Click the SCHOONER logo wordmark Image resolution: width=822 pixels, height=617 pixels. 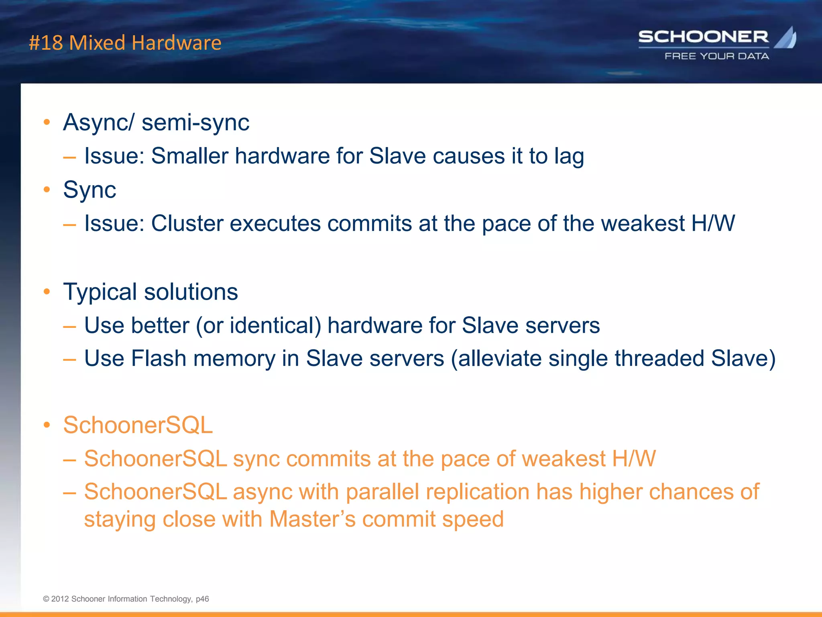click(x=703, y=37)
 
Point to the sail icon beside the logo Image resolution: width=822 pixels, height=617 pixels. click(x=786, y=37)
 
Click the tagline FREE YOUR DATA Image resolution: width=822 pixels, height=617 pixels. click(x=717, y=56)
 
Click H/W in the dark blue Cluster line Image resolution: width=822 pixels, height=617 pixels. click(x=713, y=223)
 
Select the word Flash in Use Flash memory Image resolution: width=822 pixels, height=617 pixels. click(x=159, y=358)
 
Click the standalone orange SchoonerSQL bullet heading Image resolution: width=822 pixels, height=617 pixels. click(x=138, y=425)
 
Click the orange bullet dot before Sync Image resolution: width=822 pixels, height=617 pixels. click(x=47, y=189)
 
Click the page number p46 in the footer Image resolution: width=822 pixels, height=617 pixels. click(x=202, y=599)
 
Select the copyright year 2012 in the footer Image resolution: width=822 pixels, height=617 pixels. click(x=60, y=599)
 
